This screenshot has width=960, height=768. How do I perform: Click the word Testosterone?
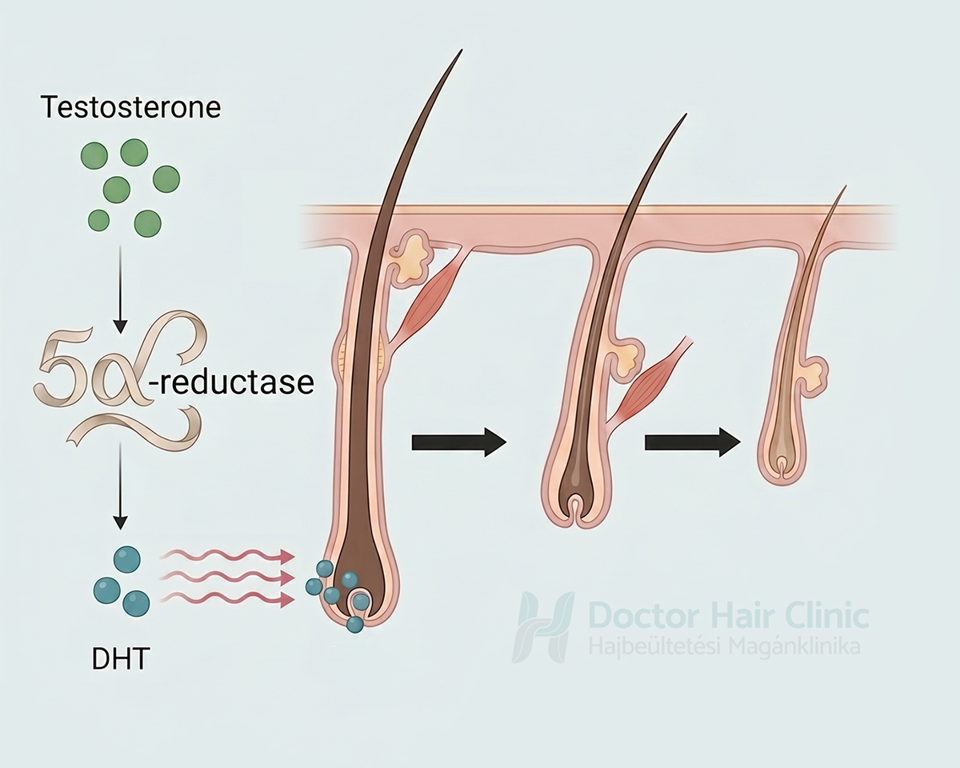coord(130,107)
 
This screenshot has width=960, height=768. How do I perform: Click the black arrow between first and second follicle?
coord(458,442)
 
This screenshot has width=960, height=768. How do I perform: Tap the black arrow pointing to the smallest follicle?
coord(693,442)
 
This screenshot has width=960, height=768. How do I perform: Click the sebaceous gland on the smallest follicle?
coord(814,374)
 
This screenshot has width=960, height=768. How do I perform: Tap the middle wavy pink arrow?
coord(227,578)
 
